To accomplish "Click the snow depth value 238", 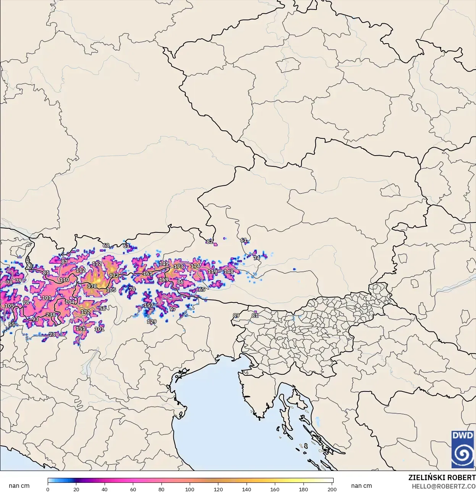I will click(x=51, y=315).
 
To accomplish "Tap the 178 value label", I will click(x=92, y=286).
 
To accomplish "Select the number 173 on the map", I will click(x=178, y=266).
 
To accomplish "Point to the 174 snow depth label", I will click(x=195, y=266).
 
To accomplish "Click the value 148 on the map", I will click(x=228, y=272).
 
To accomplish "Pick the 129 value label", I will click(x=152, y=321).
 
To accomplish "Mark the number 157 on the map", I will click(x=148, y=305).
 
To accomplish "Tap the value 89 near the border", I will click(x=236, y=315).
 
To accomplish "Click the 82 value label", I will click(x=210, y=242).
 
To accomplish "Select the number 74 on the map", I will click(x=257, y=258).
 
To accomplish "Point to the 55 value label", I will click(x=12, y=324).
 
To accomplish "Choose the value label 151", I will click(x=81, y=328).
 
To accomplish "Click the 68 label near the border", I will click(x=106, y=245).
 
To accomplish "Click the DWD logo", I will click(x=463, y=449).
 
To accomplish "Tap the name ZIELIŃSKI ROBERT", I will click(x=442, y=477).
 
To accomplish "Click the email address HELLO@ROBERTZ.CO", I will click(x=443, y=486).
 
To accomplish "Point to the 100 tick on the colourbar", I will click(x=190, y=489).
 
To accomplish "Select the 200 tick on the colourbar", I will click(x=332, y=489).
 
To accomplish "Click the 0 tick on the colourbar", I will click(x=48, y=489).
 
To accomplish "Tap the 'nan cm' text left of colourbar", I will click(x=19, y=486).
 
